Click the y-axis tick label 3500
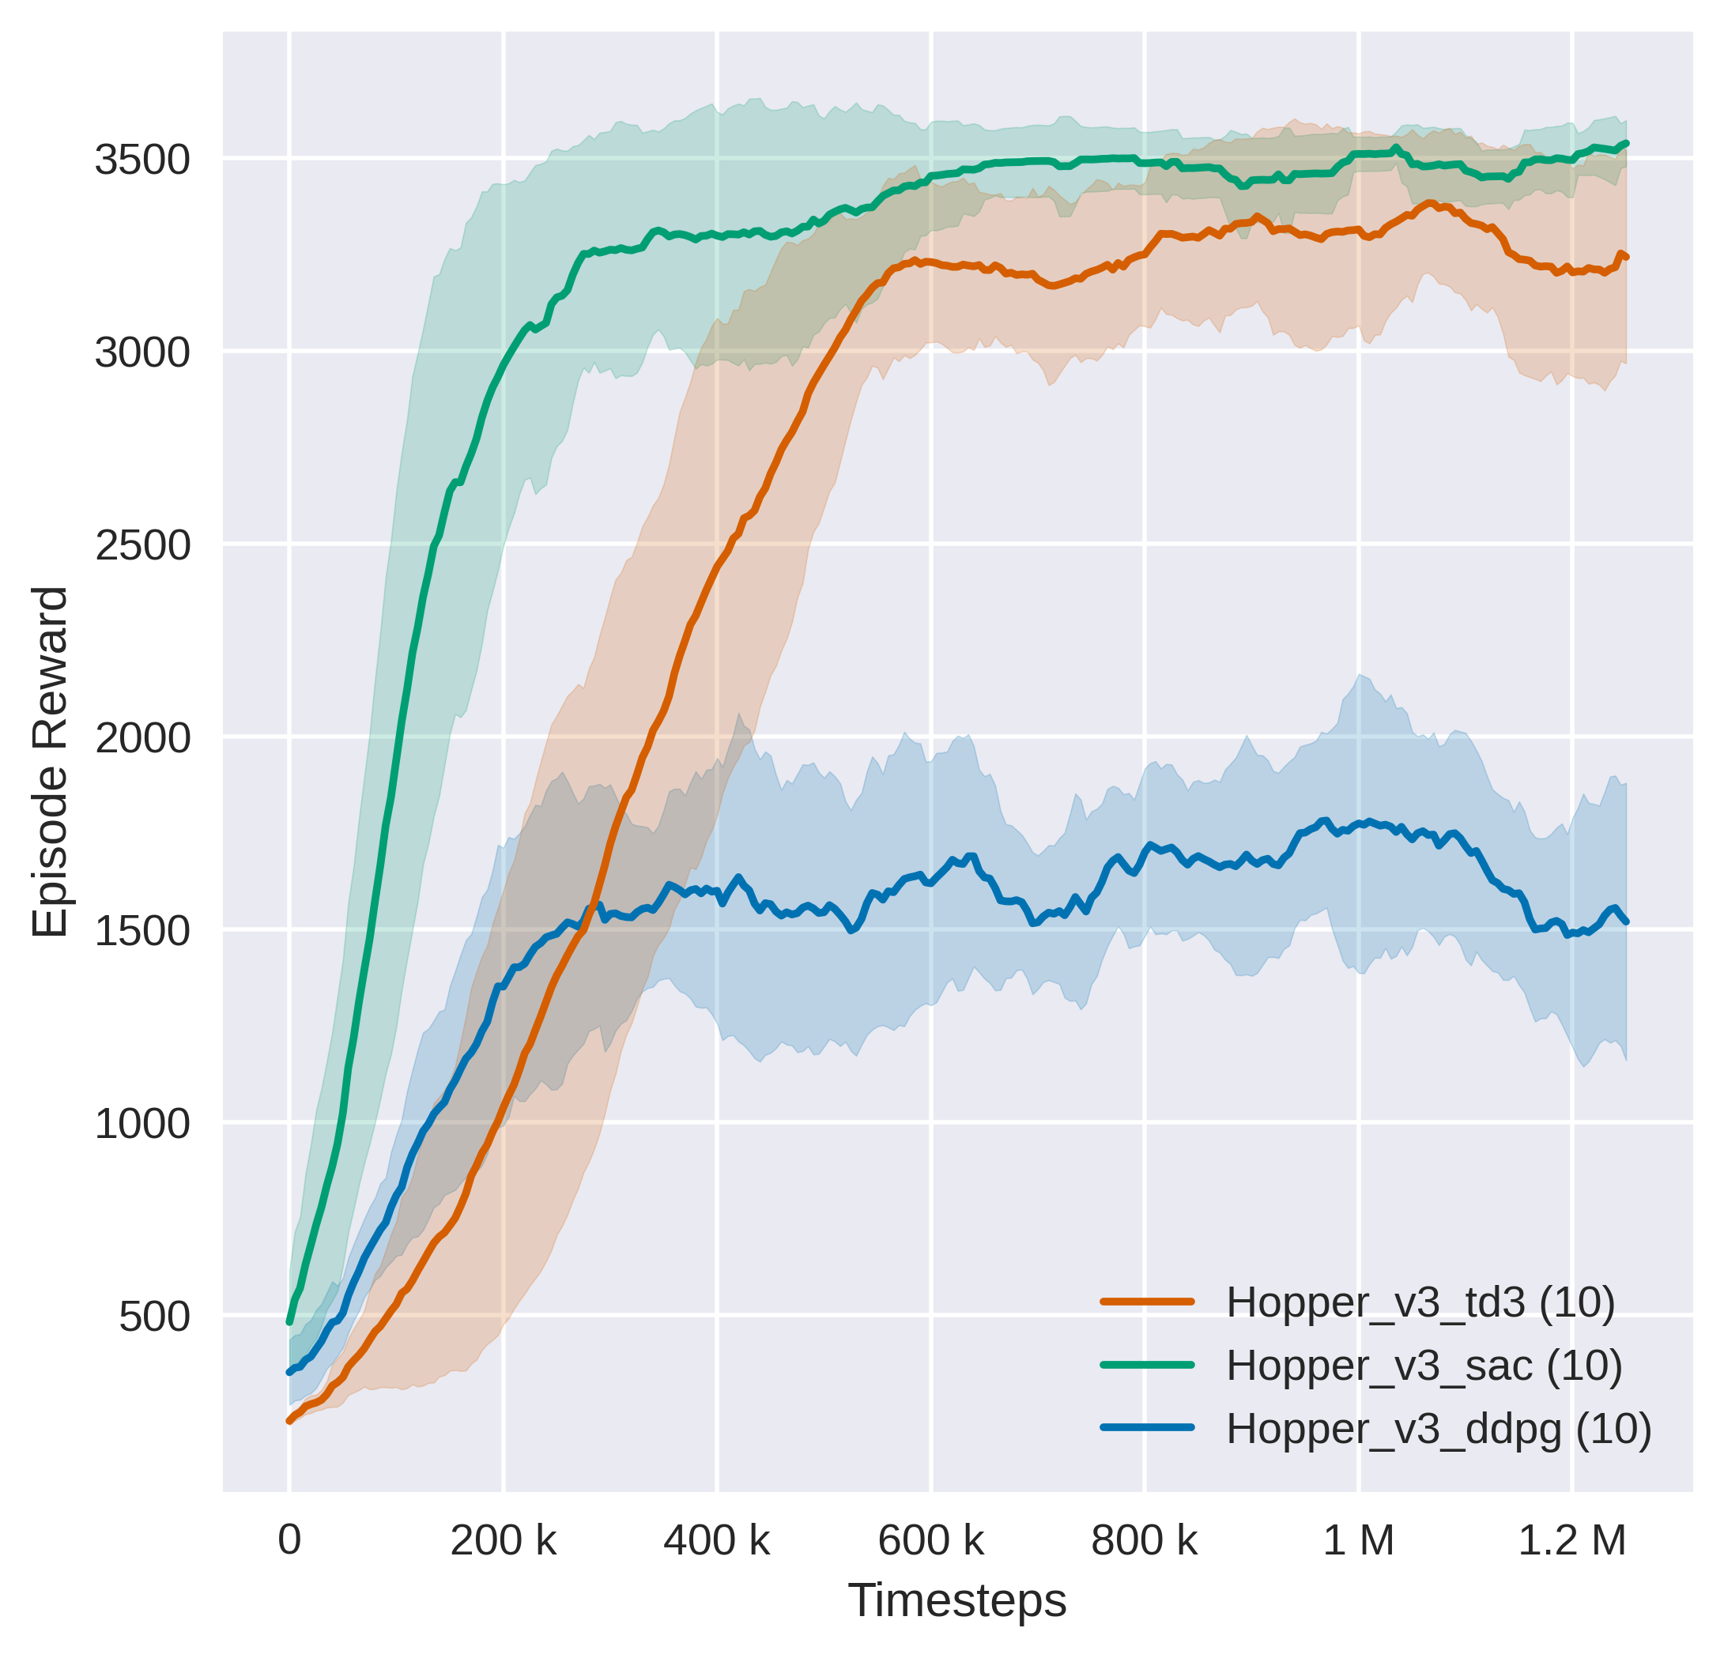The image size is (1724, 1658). [x=141, y=160]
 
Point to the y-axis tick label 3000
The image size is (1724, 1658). [x=141, y=352]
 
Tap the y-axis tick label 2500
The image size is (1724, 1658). [x=141, y=545]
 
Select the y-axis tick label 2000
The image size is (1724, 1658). [x=141, y=738]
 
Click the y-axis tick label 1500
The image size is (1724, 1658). [x=141, y=931]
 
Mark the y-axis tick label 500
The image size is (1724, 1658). [x=154, y=1317]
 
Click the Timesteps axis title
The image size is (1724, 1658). [x=957, y=1601]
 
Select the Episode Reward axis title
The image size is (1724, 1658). [x=50, y=763]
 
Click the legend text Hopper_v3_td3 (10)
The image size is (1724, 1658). [x=1420, y=1302]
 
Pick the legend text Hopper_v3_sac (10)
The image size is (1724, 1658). [x=1424, y=1365]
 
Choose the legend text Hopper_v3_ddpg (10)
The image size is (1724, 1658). [x=1439, y=1429]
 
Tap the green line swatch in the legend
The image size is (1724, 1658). [x=1147, y=1365]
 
